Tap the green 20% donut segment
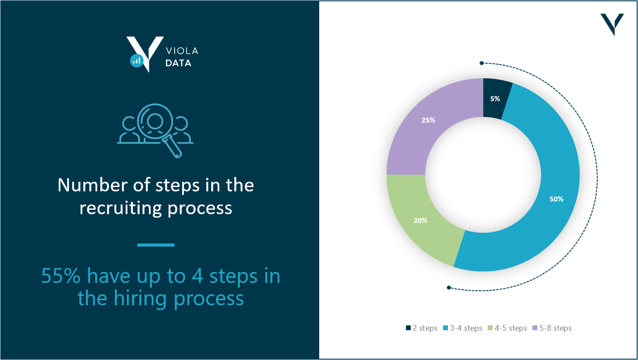pyautogui.click(x=422, y=216)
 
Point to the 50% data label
pyautogui.click(x=556, y=199)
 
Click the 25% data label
pyautogui.click(x=428, y=120)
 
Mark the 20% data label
pyautogui.click(x=420, y=220)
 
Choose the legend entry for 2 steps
pyautogui.click(x=422, y=328)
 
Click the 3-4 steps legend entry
pyautogui.click(x=462, y=328)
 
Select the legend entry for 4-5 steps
pyautogui.click(x=507, y=328)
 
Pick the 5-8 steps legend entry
pyautogui.click(x=552, y=328)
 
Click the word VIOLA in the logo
pyautogui.click(x=182, y=51)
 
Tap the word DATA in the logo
pyautogui.click(x=178, y=63)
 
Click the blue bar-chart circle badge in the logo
pyautogui.click(x=137, y=61)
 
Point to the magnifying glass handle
pyautogui.click(x=173, y=148)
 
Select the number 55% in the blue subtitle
pyautogui.click(x=61, y=276)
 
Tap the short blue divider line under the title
pyautogui.click(x=156, y=245)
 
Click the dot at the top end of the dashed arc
pyautogui.click(x=482, y=63)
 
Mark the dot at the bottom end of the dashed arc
pyautogui.click(x=449, y=288)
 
